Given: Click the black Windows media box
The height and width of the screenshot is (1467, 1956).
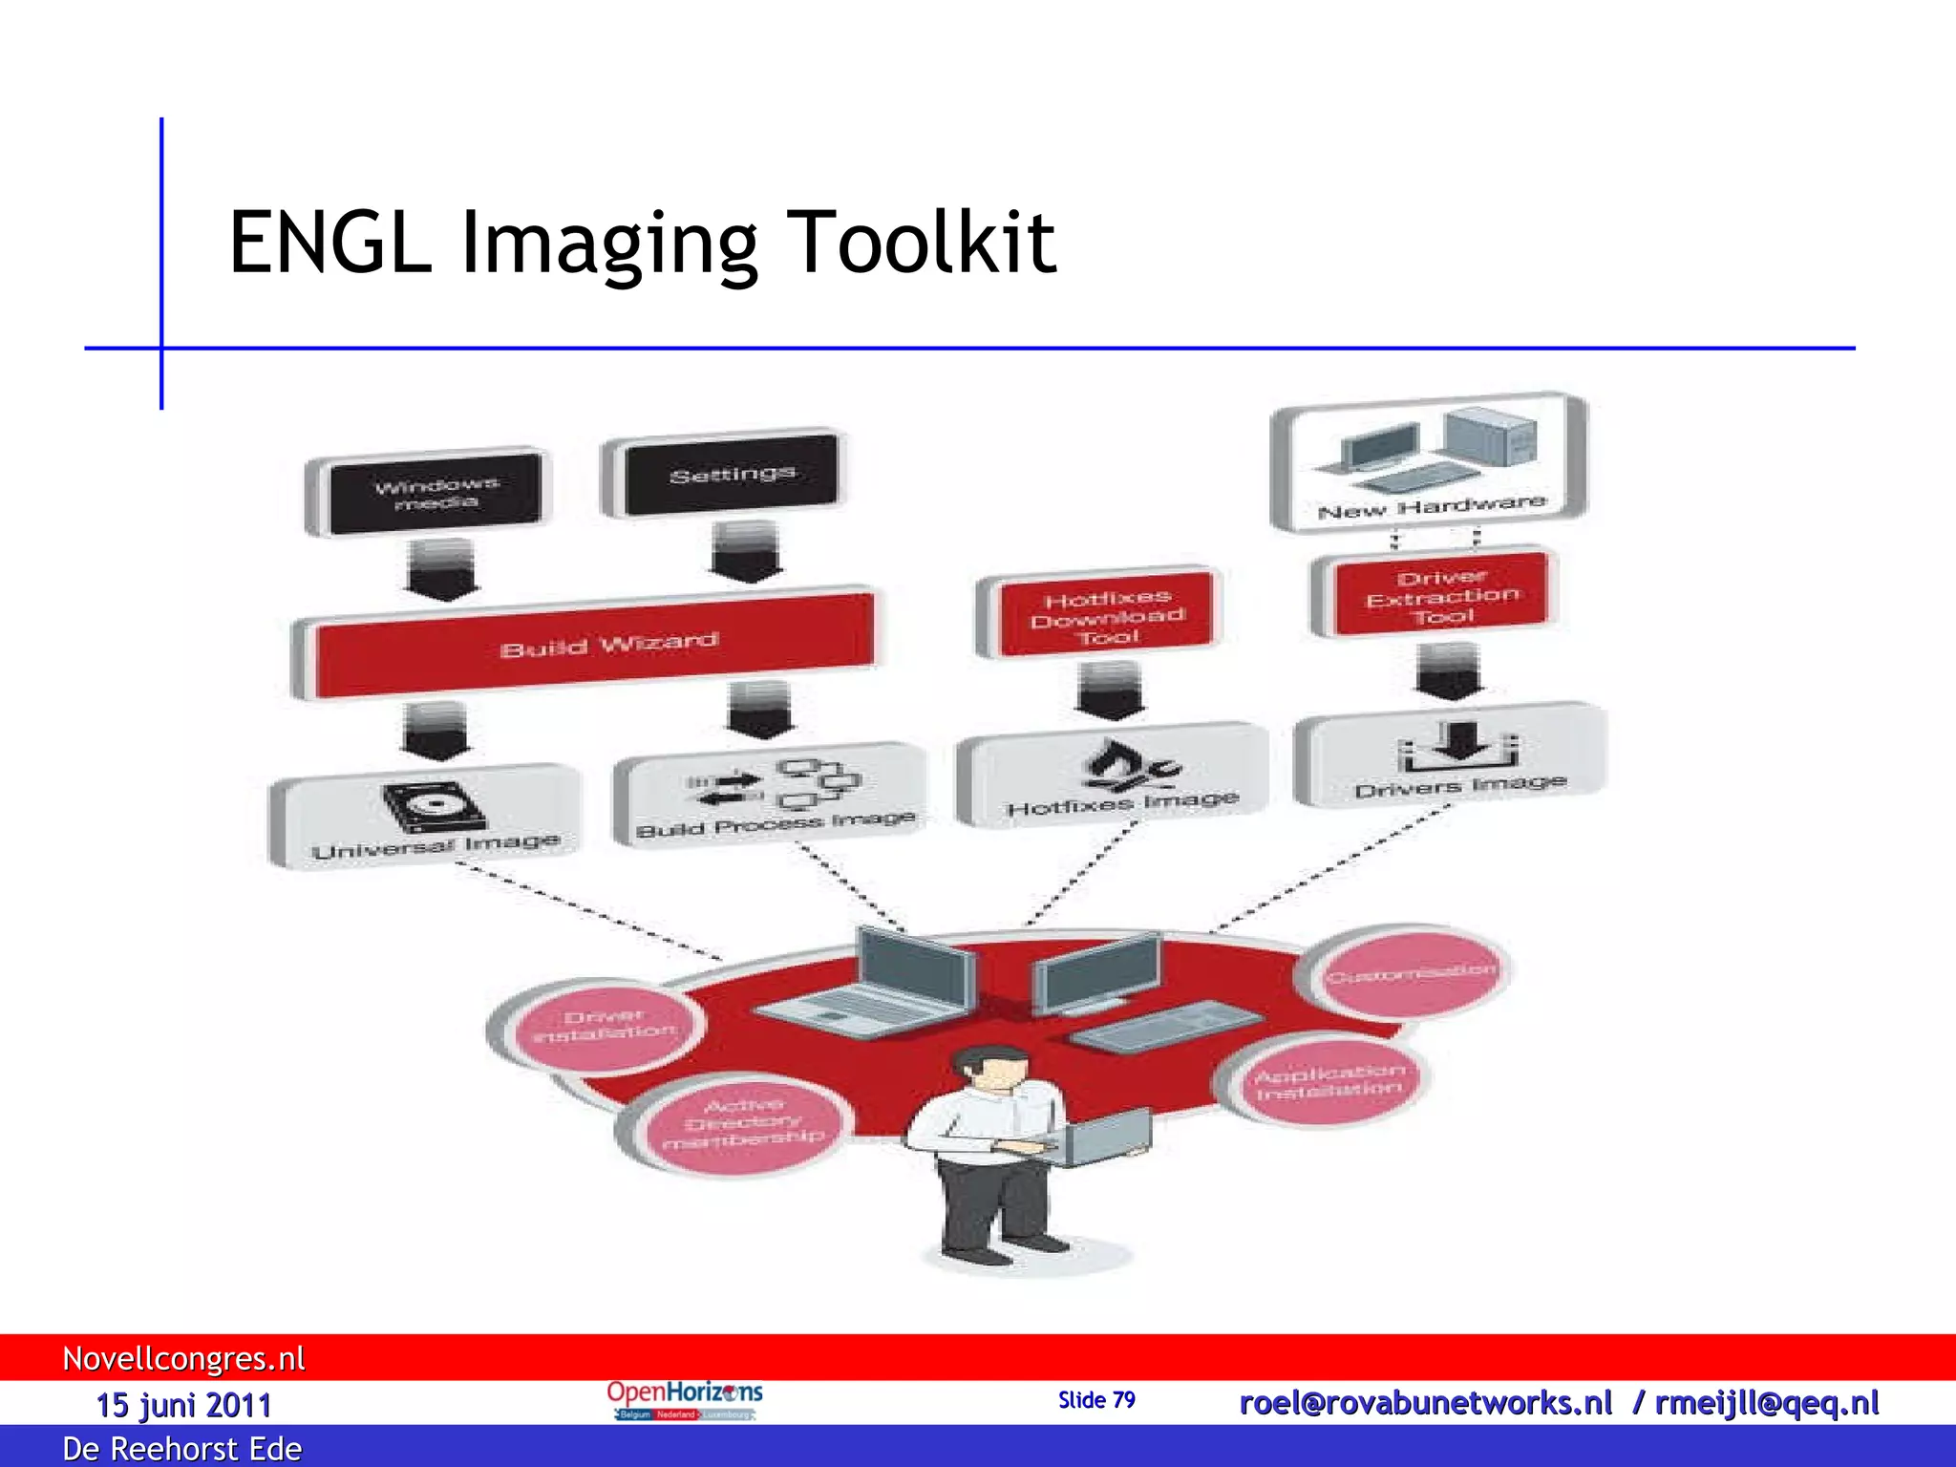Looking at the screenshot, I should (x=436, y=493).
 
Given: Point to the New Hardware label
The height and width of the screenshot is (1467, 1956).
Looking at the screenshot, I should (x=1430, y=507).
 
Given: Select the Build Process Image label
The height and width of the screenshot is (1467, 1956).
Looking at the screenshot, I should (x=775, y=824).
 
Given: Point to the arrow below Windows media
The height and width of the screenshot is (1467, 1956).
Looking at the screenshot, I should (x=441, y=569).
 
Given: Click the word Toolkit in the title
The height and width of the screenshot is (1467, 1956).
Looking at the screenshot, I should (x=921, y=243).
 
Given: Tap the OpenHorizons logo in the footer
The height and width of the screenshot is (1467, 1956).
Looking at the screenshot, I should (x=684, y=1400).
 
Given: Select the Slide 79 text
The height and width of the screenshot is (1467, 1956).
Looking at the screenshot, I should (x=1096, y=1400).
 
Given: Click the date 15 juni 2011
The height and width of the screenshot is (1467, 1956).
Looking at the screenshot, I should (x=183, y=1405).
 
